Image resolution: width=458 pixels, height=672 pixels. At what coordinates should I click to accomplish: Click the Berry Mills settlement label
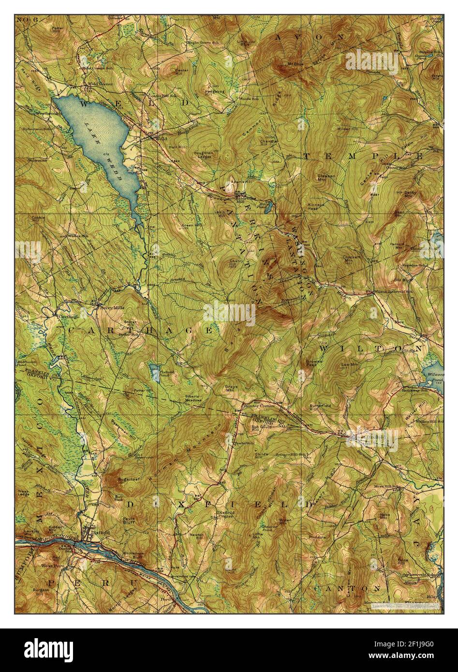pyautogui.click(x=109, y=307)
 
